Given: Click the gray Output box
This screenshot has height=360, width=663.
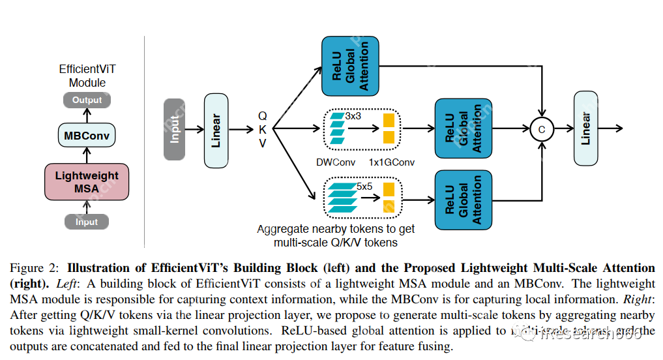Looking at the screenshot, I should (x=87, y=100).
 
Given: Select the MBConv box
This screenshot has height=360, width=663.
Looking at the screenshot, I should (x=87, y=136).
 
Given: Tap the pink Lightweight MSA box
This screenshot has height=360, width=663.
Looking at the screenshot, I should (x=87, y=182).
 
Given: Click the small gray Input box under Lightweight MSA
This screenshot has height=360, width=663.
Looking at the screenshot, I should (x=87, y=222).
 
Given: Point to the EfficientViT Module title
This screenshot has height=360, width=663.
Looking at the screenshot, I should (x=87, y=76).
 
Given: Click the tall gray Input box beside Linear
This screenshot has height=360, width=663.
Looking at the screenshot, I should (x=175, y=129).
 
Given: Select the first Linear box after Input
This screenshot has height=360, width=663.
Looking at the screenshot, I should (x=217, y=129).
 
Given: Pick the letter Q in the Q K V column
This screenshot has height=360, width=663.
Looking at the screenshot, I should (x=263, y=115).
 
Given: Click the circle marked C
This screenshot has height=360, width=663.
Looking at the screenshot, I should (x=541, y=130).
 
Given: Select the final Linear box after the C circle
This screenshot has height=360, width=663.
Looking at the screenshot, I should (x=586, y=128).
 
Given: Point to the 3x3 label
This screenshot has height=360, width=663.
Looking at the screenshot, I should (x=353, y=115).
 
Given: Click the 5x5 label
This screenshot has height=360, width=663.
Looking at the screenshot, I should (x=364, y=186).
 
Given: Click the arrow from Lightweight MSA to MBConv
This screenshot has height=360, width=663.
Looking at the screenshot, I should (x=87, y=156).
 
